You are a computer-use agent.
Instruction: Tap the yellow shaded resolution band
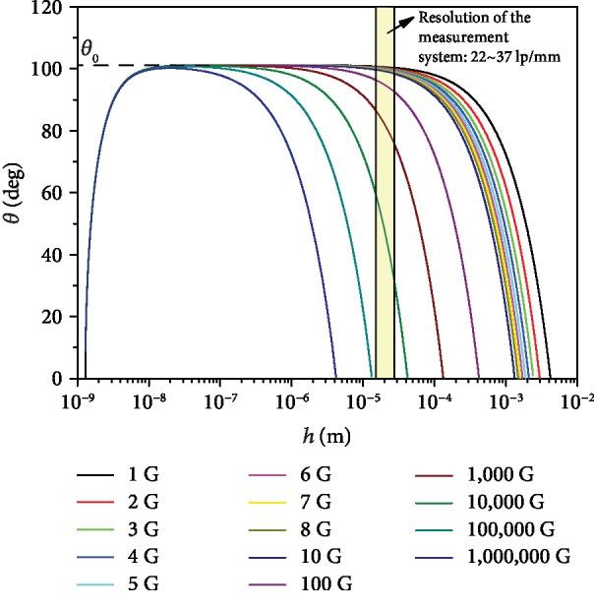coord(385,197)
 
